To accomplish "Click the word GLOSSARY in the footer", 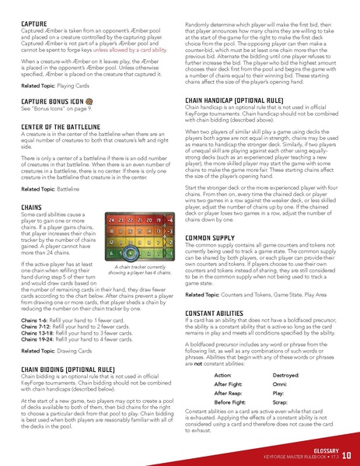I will coord(322,450).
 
